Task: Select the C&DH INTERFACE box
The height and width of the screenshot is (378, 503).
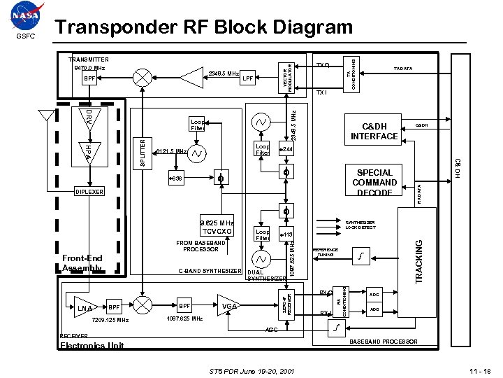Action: (x=374, y=131)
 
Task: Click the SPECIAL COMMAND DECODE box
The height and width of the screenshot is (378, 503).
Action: (x=374, y=183)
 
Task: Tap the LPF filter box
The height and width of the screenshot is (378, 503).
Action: (x=247, y=78)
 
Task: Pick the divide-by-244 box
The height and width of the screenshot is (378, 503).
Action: (x=286, y=150)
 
